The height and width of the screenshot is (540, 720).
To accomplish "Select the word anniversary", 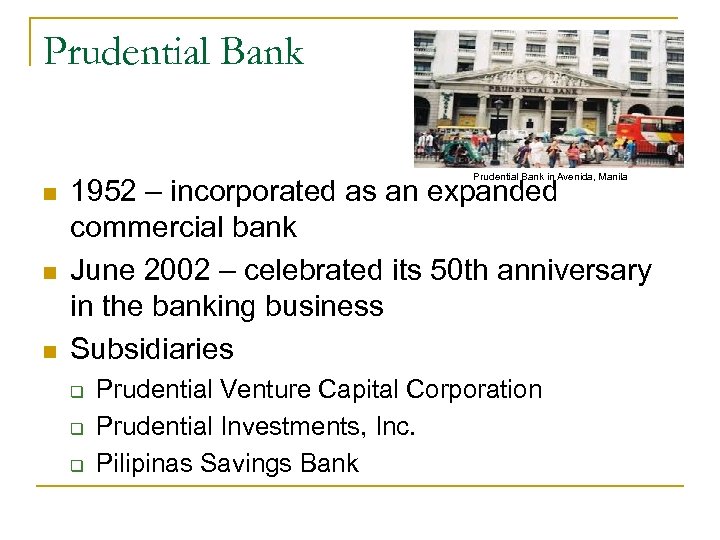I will click(577, 270).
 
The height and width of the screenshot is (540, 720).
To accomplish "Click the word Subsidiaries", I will click(151, 349).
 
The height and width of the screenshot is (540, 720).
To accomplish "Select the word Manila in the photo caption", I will click(609, 176).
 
